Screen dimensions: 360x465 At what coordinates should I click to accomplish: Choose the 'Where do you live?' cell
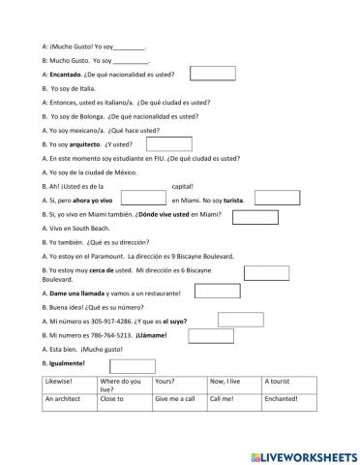coord(124,386)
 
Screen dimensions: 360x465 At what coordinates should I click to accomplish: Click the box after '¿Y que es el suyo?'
coord(240,319)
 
